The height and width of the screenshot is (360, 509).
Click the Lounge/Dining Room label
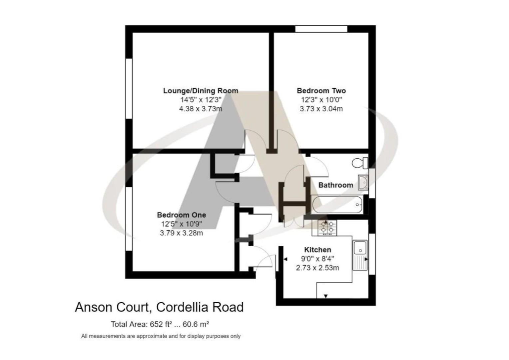[x=201, y=91]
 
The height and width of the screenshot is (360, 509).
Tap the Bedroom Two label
[x=321, y=91]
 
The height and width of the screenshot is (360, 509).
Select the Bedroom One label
[x=182, y=215]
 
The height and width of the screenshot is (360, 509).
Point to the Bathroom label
[x=335, y=185]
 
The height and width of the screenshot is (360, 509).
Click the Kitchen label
[x=317, y=250]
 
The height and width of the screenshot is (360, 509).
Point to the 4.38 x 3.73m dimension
[x=201, y=109]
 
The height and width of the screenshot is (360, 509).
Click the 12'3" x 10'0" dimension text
[x=321, y=100]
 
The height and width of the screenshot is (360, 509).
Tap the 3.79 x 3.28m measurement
[x=181, y=233]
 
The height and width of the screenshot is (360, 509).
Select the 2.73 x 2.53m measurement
[x=317, y=268]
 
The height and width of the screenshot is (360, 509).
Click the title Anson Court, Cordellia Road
[x=159, y=307]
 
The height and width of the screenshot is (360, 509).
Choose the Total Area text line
[x=160, y=324]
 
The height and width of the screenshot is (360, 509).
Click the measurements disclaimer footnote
[x=161, y=336]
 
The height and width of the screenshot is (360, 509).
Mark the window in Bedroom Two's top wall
[x=321, y=29]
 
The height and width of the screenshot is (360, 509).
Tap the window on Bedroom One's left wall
[x=129, y=218]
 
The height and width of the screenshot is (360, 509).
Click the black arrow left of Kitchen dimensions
[x=286, y=259]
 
